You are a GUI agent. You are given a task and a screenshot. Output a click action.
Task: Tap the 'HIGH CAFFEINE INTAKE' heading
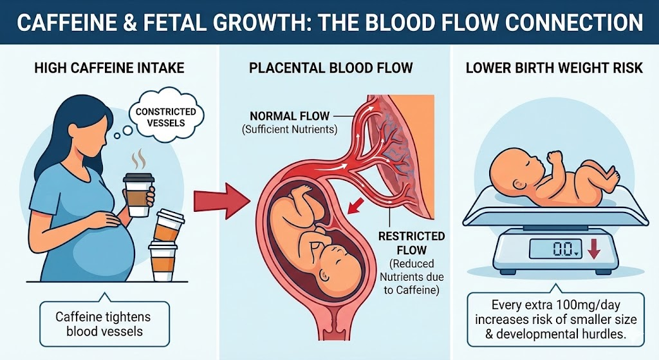[x=109, y=68]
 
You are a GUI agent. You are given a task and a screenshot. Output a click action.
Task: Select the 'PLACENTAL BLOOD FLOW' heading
[x=331, y=68]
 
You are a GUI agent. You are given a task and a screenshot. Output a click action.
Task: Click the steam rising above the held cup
[x=138, y=160]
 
